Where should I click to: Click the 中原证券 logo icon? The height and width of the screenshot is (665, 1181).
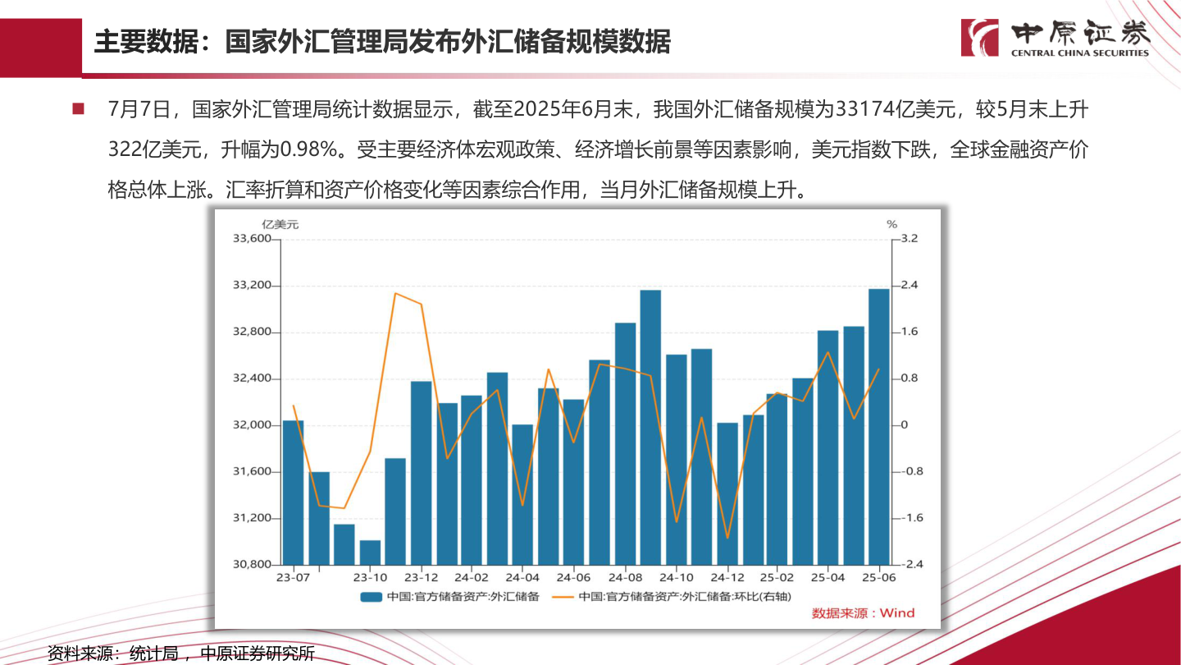click(980, 38)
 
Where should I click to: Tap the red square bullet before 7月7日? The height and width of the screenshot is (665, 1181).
click(79, 108)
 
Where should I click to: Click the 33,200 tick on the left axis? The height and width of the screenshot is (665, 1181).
click(252, 286)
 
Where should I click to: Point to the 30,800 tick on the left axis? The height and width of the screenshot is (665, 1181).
click(252, 565)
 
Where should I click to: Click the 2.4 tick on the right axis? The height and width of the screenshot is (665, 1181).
click(910, 286)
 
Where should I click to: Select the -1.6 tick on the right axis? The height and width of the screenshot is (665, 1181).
click(911, 518)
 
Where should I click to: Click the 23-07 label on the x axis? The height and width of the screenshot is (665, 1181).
click(293, 578)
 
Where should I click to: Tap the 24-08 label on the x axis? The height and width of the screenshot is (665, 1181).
click(625, 578)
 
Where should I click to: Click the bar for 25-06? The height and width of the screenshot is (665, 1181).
click(878, 427)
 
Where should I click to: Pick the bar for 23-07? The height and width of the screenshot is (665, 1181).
click(293, 493)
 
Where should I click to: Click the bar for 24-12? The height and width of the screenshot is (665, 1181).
click(727, 493)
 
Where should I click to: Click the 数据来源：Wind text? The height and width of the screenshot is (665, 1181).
click(863, 613)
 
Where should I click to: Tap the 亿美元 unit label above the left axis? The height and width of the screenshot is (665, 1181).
click(280, 224)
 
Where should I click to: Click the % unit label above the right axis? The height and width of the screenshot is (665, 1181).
click(891, 224)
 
